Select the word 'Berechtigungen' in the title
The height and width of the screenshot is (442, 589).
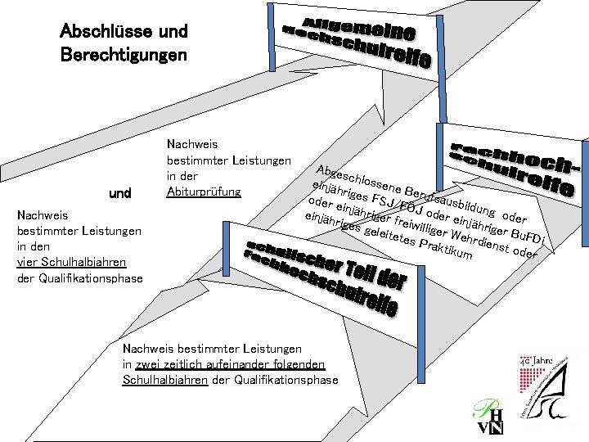pyautogui.click(x=124, y=56)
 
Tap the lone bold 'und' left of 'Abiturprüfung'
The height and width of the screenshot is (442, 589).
pyautogui.click(x=120, y=194)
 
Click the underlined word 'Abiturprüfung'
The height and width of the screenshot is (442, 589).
pyautogui.click(x=204, y=192)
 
